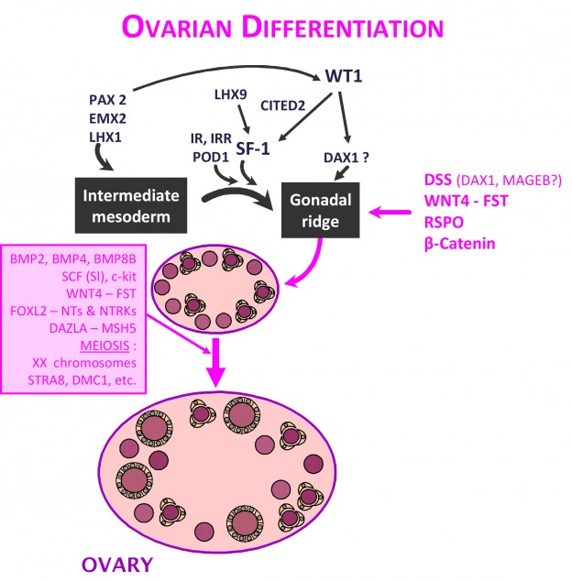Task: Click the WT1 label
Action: pyautogui.click(x=344, y=76)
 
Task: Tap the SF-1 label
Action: pyautogui.click(x=253, y=148)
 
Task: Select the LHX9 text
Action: pyautogui.click(x=230, y=94)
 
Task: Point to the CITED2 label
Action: pyautogui.click(x=283, y=105)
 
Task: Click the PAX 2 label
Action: pyautogui.click(x=107, y=100)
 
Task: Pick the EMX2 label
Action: pyautogui.click(x=107, y=119)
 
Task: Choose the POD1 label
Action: pyautogui.click(x=211, y=158)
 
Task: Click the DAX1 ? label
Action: pyautogui.click(x=346, y=158)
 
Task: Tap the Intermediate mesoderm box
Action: pyautogui.click(x=131, y=205)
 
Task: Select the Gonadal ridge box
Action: pyautogui.click(x=320, y=210)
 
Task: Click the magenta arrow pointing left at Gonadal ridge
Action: pyautogui.click(x=390, y=213)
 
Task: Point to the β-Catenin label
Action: pyautogui.click(x=459, y=244)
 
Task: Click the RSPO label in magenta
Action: pyautogui.click(x=444, y=223)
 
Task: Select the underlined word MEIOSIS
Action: pyautogui.click(x=104, y=346)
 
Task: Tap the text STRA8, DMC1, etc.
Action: pyautogui.click(x=82, y=380)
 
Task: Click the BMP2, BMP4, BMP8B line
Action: pyautogui.click(x=73, y=258)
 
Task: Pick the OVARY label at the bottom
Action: pyautogui.click(x=117, y=565)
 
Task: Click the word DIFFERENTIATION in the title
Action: pyautogui.click(x=343, y=27)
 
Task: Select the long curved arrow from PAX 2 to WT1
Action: pyautogui.click(x=226, y=70)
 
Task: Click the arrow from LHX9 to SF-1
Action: pyautogui.click(x=244, y=119)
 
